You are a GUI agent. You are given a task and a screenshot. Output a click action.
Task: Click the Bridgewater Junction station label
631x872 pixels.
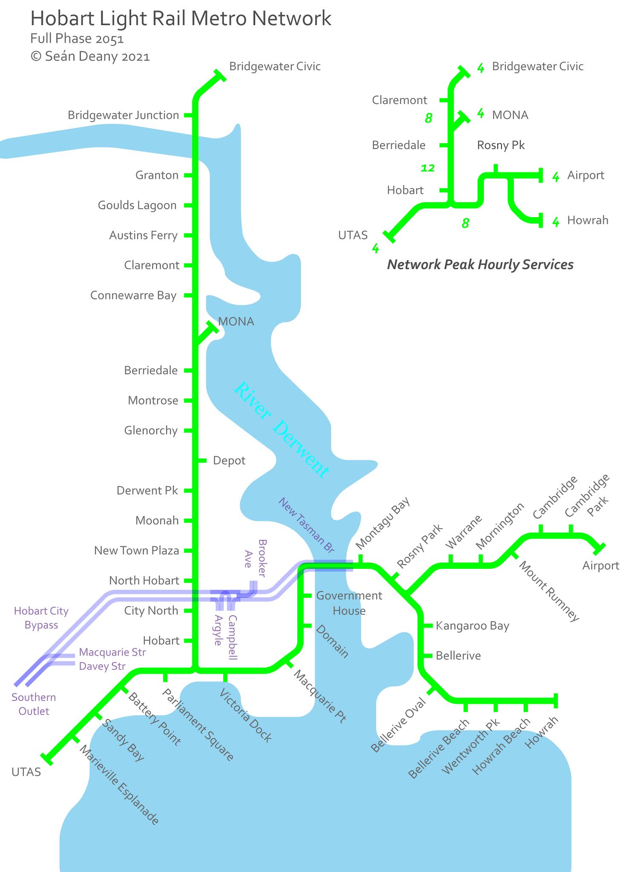click(123, 115)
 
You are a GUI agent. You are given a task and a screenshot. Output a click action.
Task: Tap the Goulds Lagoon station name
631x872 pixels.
click(137, 205)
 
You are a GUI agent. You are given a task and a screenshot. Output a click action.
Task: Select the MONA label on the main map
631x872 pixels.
click(236, 321)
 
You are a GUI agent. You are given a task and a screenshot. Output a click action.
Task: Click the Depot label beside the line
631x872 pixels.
click(229, 461)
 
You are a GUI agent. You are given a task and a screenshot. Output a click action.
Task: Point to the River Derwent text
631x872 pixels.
click(282, 430)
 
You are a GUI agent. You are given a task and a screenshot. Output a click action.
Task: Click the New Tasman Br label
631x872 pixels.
click(306, 525)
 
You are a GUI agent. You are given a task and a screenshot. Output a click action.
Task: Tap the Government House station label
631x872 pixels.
click(349, 603)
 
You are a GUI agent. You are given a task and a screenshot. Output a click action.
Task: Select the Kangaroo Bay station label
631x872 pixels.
click(472, 626)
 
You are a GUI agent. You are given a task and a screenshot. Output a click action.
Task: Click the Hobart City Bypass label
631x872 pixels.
click(41, 618)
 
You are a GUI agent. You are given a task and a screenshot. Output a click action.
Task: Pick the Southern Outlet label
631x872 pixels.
click(34, 704)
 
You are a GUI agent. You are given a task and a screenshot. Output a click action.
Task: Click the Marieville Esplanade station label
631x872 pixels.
click(120, 785)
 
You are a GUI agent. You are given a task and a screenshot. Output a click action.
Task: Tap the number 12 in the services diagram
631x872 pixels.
click(428, 168)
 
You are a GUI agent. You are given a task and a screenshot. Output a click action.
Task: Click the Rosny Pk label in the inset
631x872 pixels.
click(501, 145)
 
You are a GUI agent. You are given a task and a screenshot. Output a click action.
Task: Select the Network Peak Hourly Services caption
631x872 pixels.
click(480, 264)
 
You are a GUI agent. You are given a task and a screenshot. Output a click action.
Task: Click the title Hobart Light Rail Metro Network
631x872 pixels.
click(181, 19)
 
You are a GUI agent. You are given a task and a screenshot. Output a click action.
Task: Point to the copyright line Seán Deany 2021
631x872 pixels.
click(90, 57)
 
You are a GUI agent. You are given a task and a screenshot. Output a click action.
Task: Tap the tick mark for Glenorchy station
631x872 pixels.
click(188, 430)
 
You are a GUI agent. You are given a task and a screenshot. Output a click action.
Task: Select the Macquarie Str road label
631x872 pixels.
click(112, 652)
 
